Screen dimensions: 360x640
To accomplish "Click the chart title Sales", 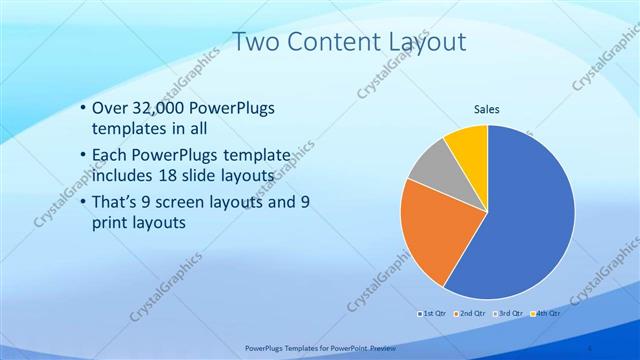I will [x=487, y=109].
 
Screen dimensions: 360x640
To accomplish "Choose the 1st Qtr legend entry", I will [x=433, y=313].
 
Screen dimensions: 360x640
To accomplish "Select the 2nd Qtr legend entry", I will [x=471, y=313].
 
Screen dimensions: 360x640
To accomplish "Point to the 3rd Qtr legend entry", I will [x=509, y=313].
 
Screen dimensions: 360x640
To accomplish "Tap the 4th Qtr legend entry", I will [x=547, y=313].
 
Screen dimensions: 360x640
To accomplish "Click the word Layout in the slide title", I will [x=427, y=42].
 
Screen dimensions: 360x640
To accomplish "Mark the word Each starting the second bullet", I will [x=109, y=156].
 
